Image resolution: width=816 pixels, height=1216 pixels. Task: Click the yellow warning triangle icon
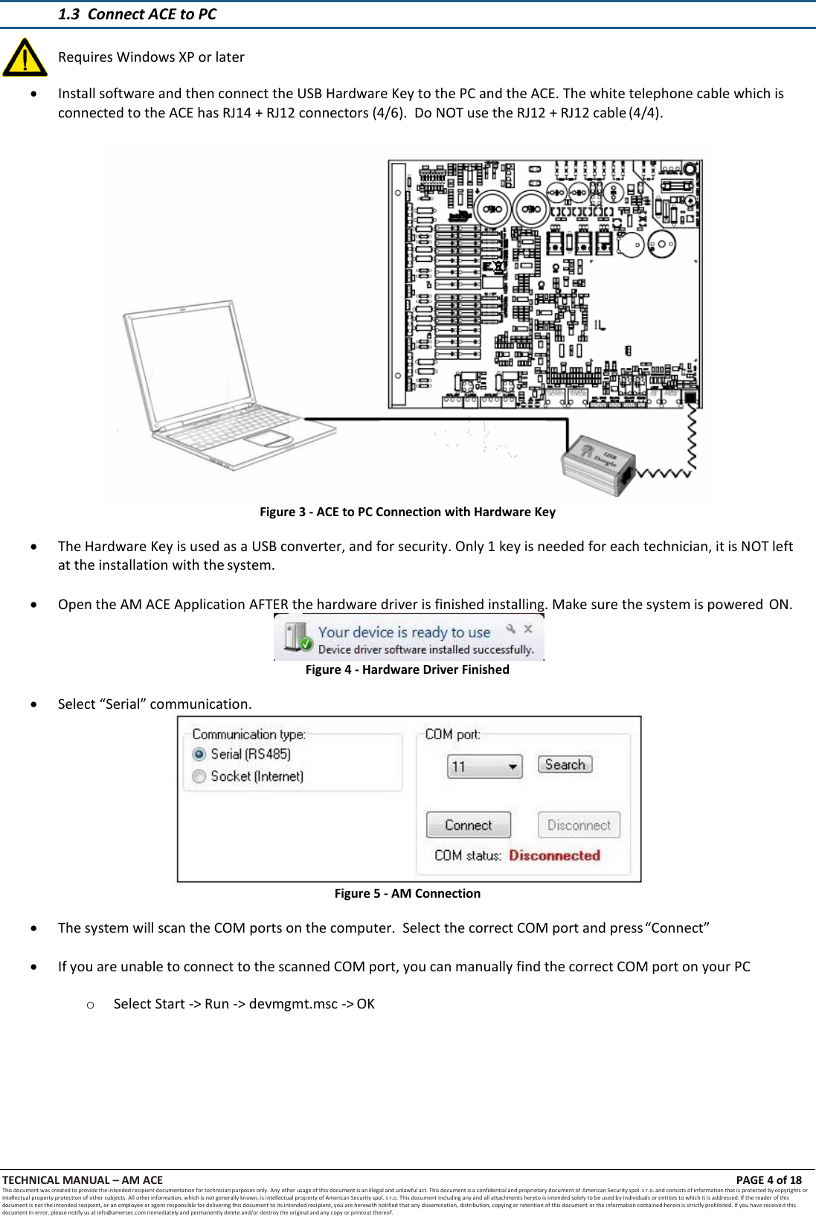coord(25,59)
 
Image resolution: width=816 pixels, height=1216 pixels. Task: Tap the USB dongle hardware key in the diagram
coord(597,465)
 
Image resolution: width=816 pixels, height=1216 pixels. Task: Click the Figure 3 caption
coord(407,512)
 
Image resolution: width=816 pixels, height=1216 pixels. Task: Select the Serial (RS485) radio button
coord(199,754)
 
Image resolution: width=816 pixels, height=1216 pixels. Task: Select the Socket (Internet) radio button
coord(199,776)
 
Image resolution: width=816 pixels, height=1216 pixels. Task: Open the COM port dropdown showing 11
coord(484,766)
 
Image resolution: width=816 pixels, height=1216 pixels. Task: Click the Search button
coord(565,765)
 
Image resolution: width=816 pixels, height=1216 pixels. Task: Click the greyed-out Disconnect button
coord(579,825)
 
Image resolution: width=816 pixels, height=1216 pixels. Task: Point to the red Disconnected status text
coord(554,855)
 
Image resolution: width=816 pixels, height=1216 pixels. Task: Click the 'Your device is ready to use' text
coord(404,632)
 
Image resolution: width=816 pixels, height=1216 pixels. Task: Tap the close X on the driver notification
coord(528,628)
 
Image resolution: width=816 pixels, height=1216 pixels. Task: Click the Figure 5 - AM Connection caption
coord(407,893)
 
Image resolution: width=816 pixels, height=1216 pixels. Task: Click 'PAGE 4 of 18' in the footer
coord(768,1180)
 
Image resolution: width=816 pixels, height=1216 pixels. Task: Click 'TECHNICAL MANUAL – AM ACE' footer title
coord(83,1180)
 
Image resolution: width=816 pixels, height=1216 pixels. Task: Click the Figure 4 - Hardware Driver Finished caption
coord(407,669)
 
